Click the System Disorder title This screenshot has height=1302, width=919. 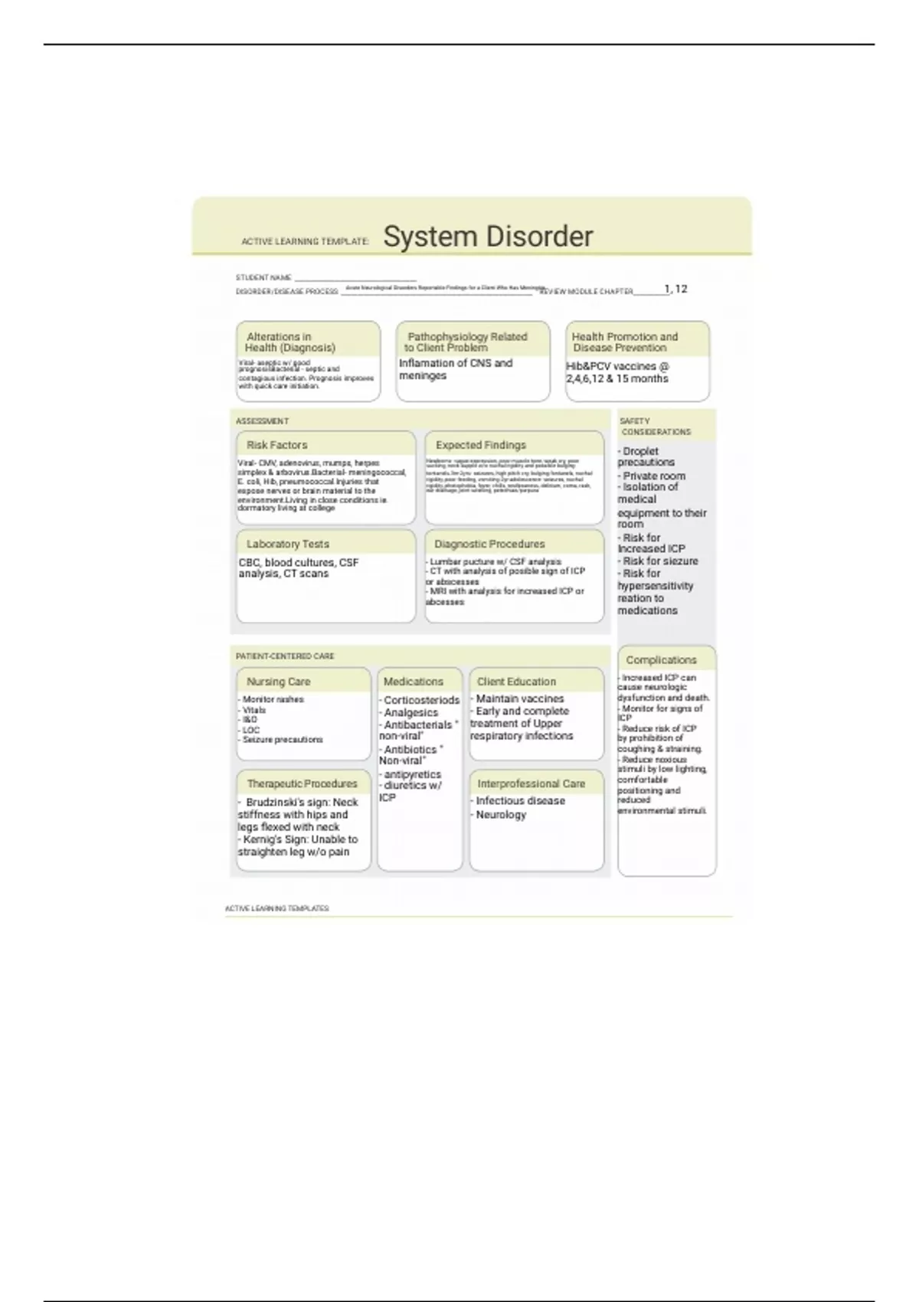pyautogui.click(x=488, y=237)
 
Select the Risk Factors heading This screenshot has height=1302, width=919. pyautogui.click(x=276, y=445)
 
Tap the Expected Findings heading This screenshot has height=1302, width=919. pyautogui.click(x=480, y=445)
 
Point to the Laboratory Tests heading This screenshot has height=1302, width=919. pyautogui.click(x=287, y=544)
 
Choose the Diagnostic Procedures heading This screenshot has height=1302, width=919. pyautogui.click(x=489, y=544)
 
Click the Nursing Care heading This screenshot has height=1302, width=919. pyautogui.click(x=278, y=682)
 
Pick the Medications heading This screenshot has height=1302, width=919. pyautogui.click(x=413, y=682)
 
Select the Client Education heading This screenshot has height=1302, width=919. pyautogui.click(x=516, y=682)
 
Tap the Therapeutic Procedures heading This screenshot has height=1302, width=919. pyautogui.click(x=302, y=783)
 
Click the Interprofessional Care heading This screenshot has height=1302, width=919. pyautogui.click(x=531, y=783)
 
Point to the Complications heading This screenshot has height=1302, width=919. pyautogui.click(x=661, y=660)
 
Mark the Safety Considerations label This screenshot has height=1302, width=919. pyautogui.click(x=655, y=427)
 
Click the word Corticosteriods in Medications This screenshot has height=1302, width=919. pyautogui.click(x=421, y=700)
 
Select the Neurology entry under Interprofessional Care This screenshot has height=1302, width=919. pyautogui.click(x=501, y=815)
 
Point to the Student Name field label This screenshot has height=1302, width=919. pyautogui.click(x=263, y=278)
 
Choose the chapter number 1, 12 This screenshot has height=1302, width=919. pyautogui.click(x=675, y=289)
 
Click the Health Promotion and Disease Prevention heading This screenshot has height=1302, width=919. pyautogui.click(x=624, y=342)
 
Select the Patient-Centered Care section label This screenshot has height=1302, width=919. pyautogui.click(x=284, y=656)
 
